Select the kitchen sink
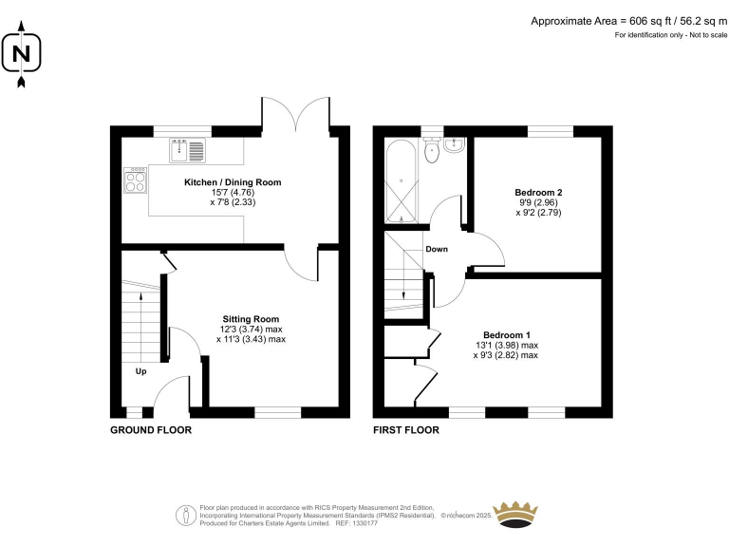tap(187, 148)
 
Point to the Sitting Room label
tap(251, 318)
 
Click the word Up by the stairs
tap(140, 371)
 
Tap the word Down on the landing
tap(437, 250)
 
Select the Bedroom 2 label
tap(538, 193)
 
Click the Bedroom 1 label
tap(506, 335)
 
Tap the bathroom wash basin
tap(454, 145)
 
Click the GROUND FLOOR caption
tap(151, 430)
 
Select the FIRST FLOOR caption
tap(406, 430)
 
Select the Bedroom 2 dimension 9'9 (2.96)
tap(538, 203)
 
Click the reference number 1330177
tap(364, 522)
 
